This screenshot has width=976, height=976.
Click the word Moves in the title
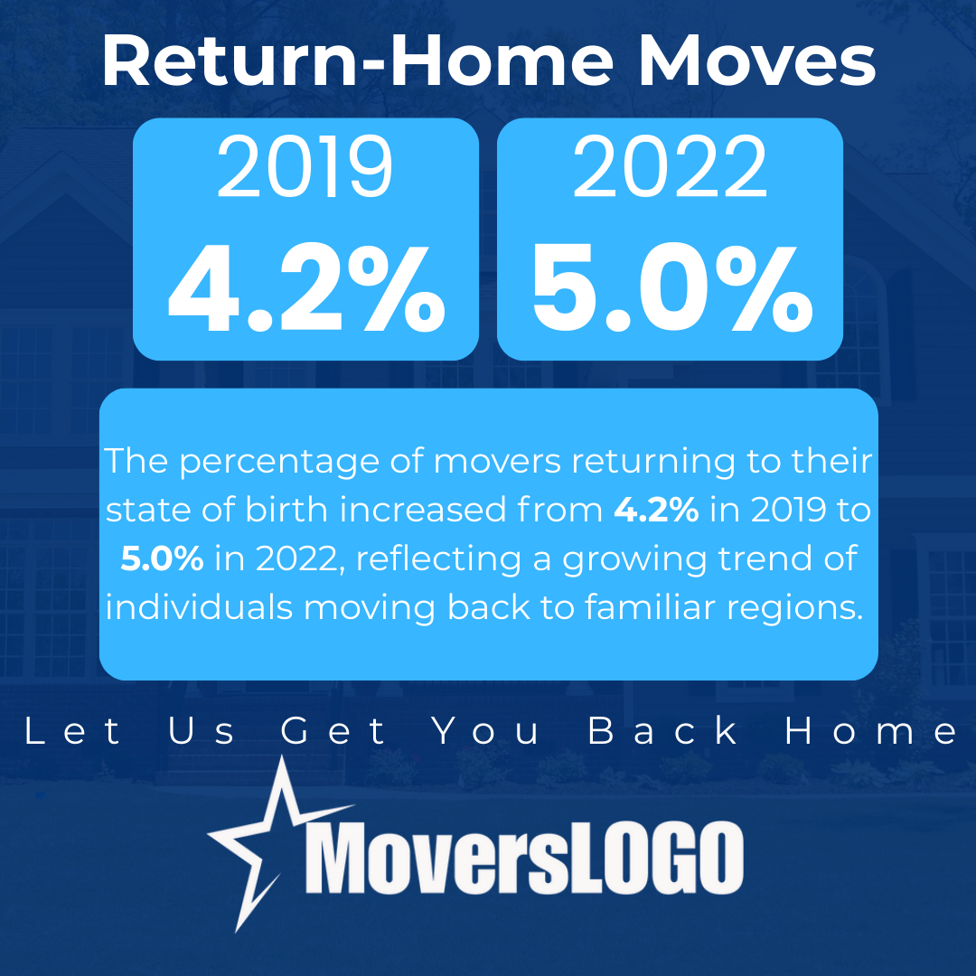pyautogui.click(x=757, y=61)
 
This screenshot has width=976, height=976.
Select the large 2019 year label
pyautogui.click(x=305, y=167)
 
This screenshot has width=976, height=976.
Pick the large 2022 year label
pyautogui.click(x=670, y=167)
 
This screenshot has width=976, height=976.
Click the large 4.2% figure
pyautogui.click(x=306, y=288)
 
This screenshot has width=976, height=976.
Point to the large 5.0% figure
pyautogui.click(x=672, y=288)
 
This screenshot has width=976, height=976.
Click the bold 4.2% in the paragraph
pyautogui.click(x=656, y=510)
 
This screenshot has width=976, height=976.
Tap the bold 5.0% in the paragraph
pyautogui.click(x=162, y=558)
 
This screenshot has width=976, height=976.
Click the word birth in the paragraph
pyautogui.click(x=286, y=510)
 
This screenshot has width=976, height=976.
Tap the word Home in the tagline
pyautogui.click(x=871, y=731)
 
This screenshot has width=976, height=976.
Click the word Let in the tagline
pyautogui.click(x=73, y=731)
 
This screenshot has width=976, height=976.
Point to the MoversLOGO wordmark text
pyautogui.click(x=524, y=857)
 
